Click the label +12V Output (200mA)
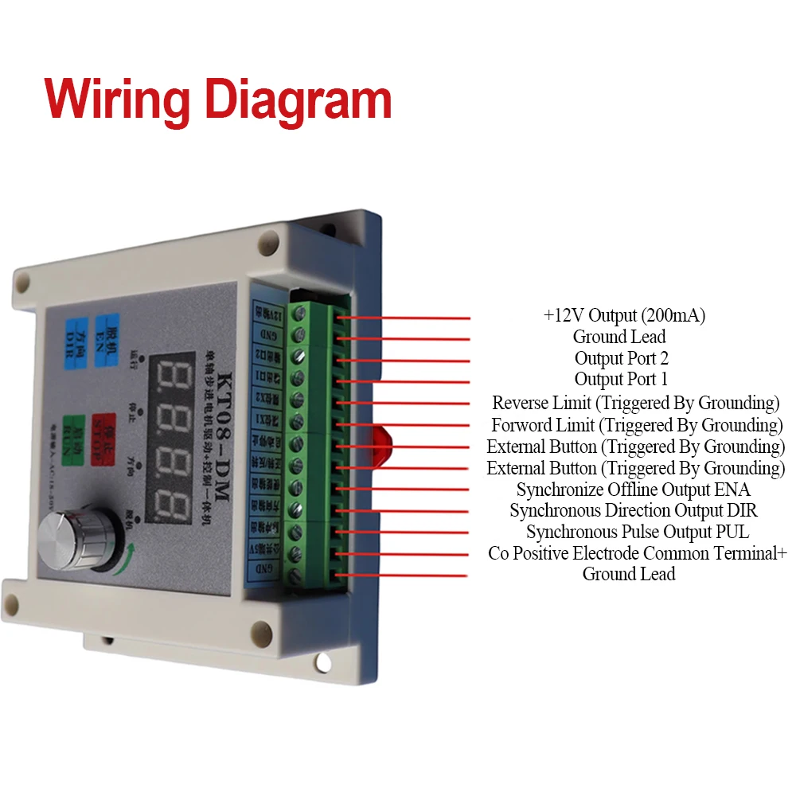[624, 315]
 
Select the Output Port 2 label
[621, 358]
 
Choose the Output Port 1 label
[621, 380]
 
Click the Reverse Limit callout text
[635, 403]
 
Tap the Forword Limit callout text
[637, 424]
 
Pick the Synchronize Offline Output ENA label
[633, 490]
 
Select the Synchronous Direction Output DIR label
[634, 510]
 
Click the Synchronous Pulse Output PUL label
[637, 532]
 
